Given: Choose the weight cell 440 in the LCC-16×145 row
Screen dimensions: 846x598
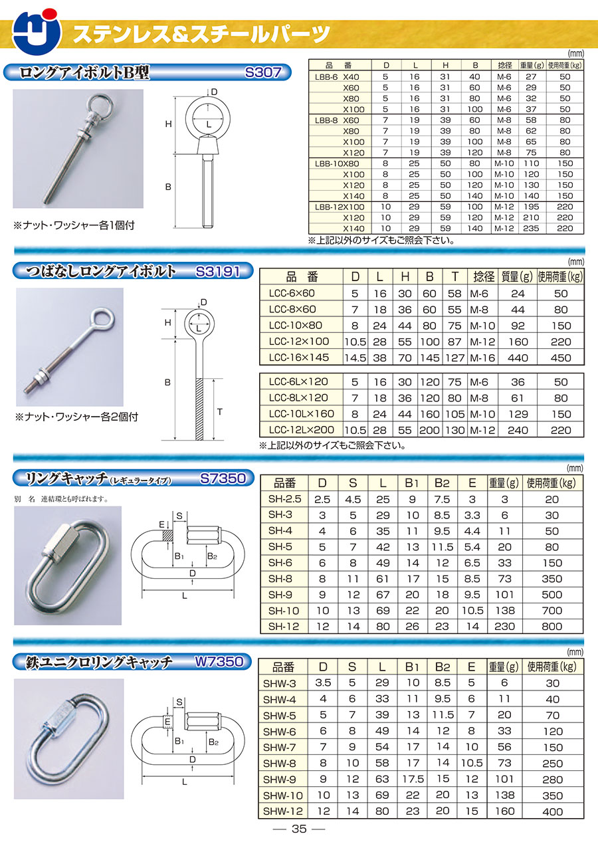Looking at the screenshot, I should pyautogui.click(x=518, y=358).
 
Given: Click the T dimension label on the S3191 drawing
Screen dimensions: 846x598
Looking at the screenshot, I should pyautogui.click(x=219, y=412).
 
